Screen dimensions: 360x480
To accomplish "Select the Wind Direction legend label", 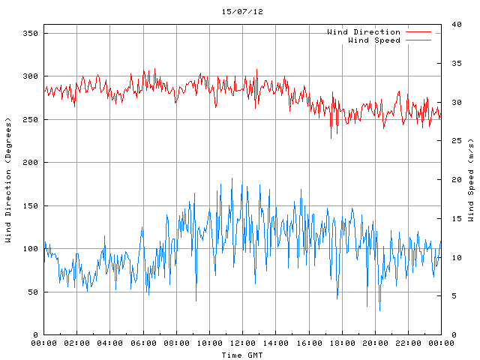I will [364, 32].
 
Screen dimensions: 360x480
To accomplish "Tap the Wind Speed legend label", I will [374, 40].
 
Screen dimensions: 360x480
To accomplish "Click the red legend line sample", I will [418, 32].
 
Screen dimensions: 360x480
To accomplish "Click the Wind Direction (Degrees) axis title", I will [8, 180].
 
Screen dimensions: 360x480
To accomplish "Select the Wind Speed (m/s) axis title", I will [471, 180].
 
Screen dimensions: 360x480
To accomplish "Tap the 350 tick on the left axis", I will [30, 33].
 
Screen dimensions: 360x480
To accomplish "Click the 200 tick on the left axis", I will [30, 163].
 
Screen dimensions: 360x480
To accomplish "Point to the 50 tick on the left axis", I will [32, 292].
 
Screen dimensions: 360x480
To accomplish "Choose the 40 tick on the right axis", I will [455, 25].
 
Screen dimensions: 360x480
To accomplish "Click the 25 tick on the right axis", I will [455, 141].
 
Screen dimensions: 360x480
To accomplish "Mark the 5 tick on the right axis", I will [453, 296].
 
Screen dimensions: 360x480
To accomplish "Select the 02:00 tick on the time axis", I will [77, 343].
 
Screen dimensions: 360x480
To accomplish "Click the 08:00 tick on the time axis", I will [176, 343].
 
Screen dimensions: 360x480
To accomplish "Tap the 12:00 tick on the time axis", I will [242, 343].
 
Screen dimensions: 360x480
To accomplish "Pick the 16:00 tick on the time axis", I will [308, 343].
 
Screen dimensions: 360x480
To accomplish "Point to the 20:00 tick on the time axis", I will [374, 343].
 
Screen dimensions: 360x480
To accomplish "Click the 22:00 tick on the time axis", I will [407, 343].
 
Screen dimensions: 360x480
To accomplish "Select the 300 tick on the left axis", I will [30, 76].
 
